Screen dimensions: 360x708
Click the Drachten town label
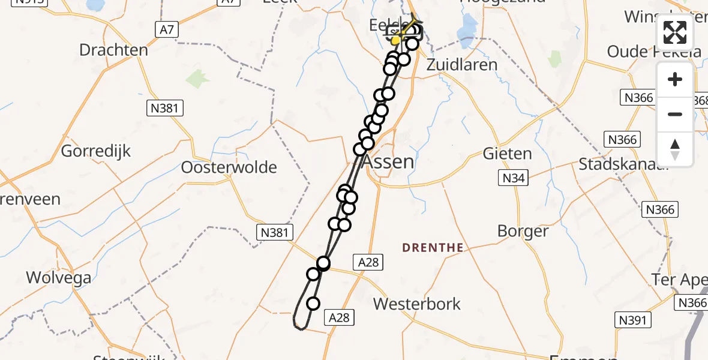point(113,50)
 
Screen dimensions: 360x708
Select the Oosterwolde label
point(229,167)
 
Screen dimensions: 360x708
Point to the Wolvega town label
point(58,278)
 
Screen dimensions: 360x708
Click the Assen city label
point(388,161)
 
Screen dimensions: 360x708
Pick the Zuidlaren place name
point(461,65)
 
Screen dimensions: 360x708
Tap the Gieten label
point(507,154)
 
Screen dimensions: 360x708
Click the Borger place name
point(523,231)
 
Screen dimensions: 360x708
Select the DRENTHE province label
point(433,247)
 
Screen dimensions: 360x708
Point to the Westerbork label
point(417,304)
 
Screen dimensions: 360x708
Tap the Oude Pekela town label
point(654,52)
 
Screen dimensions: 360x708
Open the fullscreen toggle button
point(675,33)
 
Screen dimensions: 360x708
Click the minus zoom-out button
point(675,114)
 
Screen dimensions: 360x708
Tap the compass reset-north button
point(675,149)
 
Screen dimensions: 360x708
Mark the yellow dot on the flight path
point(395,40)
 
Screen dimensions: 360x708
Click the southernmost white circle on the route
point(313,303)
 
